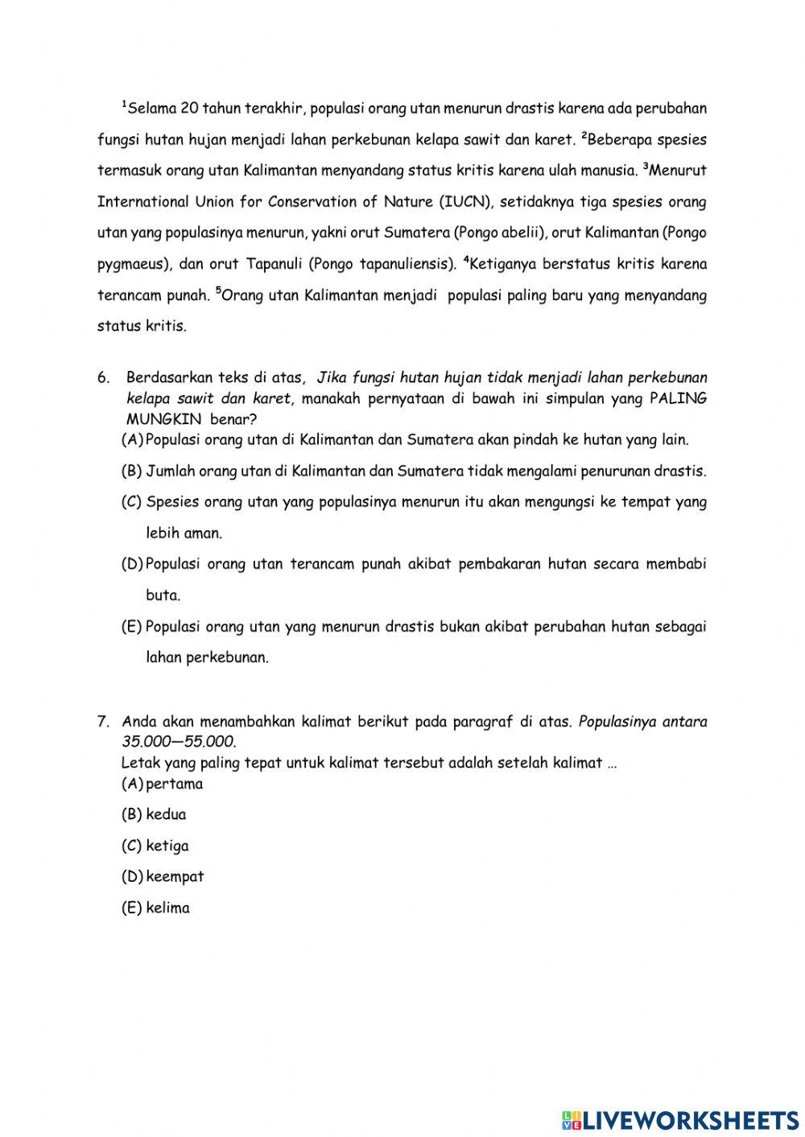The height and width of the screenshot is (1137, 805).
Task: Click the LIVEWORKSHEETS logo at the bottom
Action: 680,1119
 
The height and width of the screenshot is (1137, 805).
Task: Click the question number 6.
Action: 102,377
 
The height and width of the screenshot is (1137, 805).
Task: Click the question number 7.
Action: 102,722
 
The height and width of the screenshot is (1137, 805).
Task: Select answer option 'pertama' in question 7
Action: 175,784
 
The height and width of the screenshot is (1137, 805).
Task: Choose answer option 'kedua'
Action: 166,814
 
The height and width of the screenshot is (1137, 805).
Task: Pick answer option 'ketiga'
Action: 167,846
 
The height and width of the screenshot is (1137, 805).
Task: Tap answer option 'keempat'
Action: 175,876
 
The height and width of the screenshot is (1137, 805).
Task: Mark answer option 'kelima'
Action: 167,908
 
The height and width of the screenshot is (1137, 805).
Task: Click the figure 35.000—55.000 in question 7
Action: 178,741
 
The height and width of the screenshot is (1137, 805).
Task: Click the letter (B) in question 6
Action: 131,471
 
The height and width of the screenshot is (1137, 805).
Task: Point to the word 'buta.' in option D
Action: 163,596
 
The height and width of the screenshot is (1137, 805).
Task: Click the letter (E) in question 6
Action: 131,627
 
